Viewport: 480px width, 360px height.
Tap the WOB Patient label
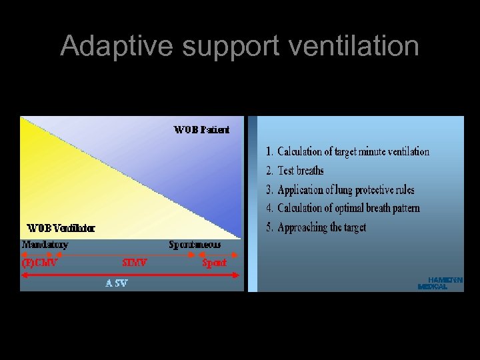point(201,130)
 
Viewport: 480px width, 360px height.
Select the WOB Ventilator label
point(61,228)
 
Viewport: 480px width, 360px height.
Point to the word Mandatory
point(45,245)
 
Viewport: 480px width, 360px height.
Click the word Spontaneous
point(195,245)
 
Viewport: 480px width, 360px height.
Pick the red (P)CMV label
point(40,263)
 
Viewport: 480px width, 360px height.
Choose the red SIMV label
point(135,263)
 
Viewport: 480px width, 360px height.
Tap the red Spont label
point(214,263)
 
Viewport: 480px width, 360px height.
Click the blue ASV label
point(116,283)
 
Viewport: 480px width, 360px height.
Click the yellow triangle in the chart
point(73,180)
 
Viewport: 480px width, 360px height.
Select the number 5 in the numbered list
point(269,227)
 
